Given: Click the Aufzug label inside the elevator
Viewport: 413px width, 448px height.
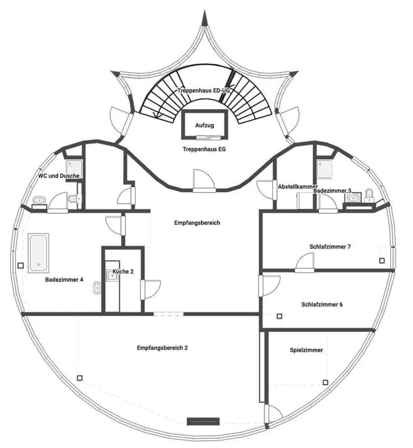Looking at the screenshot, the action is (x=205, y=125).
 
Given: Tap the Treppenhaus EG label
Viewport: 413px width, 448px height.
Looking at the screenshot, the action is (x=204, y=149).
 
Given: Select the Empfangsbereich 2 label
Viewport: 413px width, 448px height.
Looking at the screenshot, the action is (x=162, y=348).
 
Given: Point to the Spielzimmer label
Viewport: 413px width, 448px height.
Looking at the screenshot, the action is (x=306, y=350).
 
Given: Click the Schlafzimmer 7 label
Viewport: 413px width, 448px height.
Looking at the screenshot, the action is (x=330, y=246).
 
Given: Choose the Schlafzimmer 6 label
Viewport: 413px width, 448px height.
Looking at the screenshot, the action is (x=322, y=304).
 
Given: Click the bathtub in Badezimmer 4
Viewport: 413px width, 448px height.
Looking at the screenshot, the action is (x=38, y=253).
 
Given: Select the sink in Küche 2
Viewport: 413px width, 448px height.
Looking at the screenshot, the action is (x=112, y=276).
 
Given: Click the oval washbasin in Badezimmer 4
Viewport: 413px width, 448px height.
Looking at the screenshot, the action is (x=97, y=288).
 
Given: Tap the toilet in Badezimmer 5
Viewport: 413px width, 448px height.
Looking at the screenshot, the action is (x=369, y=196).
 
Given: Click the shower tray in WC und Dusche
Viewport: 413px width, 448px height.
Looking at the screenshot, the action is (x=74, y=169).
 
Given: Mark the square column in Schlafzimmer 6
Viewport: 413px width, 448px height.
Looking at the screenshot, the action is (x=279, y=316).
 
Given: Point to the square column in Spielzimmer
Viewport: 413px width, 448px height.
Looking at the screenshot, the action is (x=325, y=382).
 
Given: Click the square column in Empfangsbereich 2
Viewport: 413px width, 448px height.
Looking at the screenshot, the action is (x=80, y=378).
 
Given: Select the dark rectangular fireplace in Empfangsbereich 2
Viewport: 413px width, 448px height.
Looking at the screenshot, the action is (x=203, y=421).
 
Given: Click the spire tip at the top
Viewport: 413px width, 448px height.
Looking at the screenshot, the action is (x=204, y=10).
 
